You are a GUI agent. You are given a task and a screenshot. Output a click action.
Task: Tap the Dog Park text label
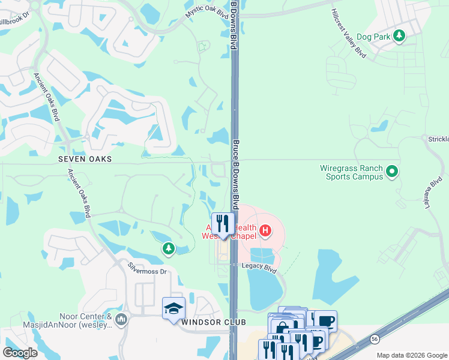click(x=373, y=37)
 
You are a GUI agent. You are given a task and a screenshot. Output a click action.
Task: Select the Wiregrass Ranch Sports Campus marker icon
click(x=392, y=172)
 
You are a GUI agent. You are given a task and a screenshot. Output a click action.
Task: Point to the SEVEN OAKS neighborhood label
click(x=85, y=159)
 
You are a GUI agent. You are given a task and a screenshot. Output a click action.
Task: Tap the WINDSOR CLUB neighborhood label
click(x=213, y=323)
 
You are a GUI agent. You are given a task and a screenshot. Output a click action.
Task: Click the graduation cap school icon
click(x=174, y=309)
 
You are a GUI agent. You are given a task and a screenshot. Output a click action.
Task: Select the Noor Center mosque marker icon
click(x=121, y=318)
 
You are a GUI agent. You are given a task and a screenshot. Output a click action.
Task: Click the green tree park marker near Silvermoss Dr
click(x=169, y=248)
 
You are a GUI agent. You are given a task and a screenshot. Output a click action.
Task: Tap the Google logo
click(x=20, y=353)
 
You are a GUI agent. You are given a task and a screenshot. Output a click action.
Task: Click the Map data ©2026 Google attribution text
click(x=412, y=355)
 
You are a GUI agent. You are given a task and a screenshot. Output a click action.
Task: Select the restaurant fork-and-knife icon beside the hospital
click(x=223, y=224)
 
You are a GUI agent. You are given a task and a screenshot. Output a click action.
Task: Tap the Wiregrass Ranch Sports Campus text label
click(x=354, y=172)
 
